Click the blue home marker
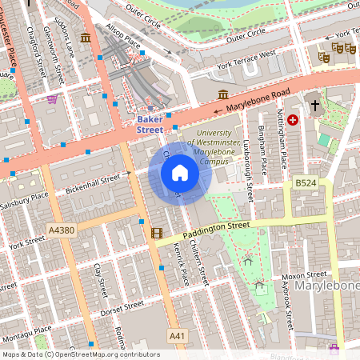(179, 173)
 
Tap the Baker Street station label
(150, 124)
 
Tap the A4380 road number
(61, 230)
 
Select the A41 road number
(176, 334)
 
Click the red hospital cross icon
(293, 120)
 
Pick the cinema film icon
(155, 234)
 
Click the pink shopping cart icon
(53, 99)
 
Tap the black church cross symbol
(314, 105)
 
